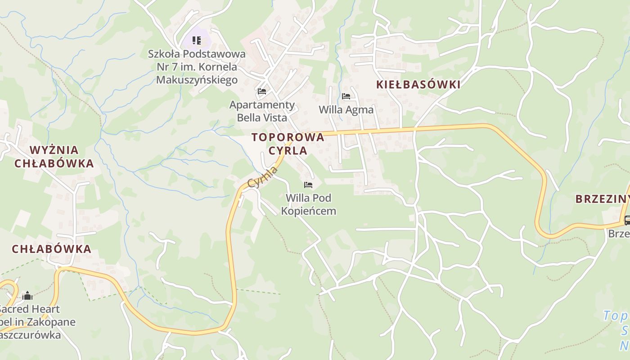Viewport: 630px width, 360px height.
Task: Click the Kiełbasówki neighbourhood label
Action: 418,85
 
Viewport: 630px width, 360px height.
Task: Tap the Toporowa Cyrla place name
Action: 288,144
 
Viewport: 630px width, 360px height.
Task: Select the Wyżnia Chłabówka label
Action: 54,157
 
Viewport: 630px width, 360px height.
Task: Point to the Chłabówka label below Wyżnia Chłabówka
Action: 52,249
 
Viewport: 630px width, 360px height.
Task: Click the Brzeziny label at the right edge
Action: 602,199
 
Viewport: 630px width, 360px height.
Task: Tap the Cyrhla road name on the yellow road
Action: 263,177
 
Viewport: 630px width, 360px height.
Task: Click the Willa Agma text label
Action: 346,110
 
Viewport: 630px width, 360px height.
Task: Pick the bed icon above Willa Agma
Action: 346,96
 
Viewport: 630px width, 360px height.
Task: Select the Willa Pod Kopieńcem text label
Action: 308,204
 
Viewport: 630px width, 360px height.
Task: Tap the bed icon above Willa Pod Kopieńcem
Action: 308,184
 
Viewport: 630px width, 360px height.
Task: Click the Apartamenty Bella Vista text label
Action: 262,111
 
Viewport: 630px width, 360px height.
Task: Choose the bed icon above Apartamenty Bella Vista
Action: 262,91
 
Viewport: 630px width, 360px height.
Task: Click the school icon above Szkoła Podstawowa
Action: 197,40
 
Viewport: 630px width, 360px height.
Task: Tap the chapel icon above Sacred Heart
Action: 27,296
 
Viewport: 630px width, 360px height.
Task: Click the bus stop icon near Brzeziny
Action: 627,220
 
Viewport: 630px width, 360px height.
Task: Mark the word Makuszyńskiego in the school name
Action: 197,80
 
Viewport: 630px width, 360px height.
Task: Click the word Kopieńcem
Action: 309,211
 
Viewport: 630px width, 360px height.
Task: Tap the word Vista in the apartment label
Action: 274,117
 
